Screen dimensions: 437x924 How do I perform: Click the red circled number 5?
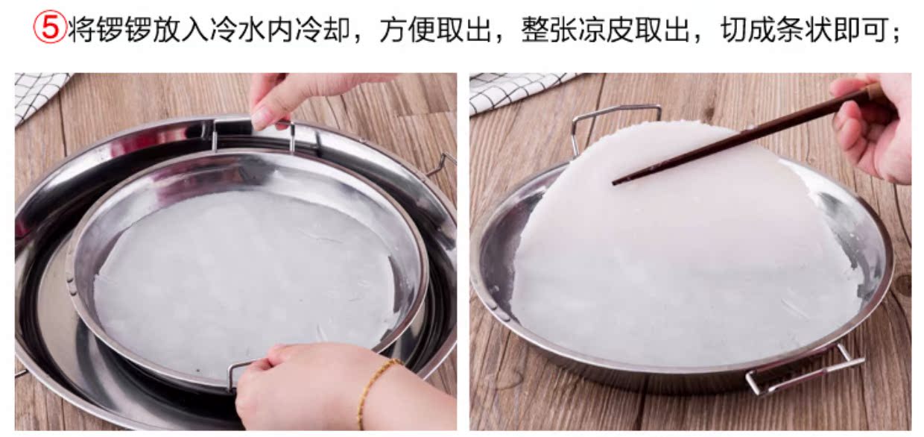[x=49, y=31]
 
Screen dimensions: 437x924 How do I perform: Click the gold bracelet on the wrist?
[x=373, y=388]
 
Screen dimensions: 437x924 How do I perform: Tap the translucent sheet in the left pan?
[x=246, y=276]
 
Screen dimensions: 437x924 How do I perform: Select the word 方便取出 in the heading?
[x=435, y=31]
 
